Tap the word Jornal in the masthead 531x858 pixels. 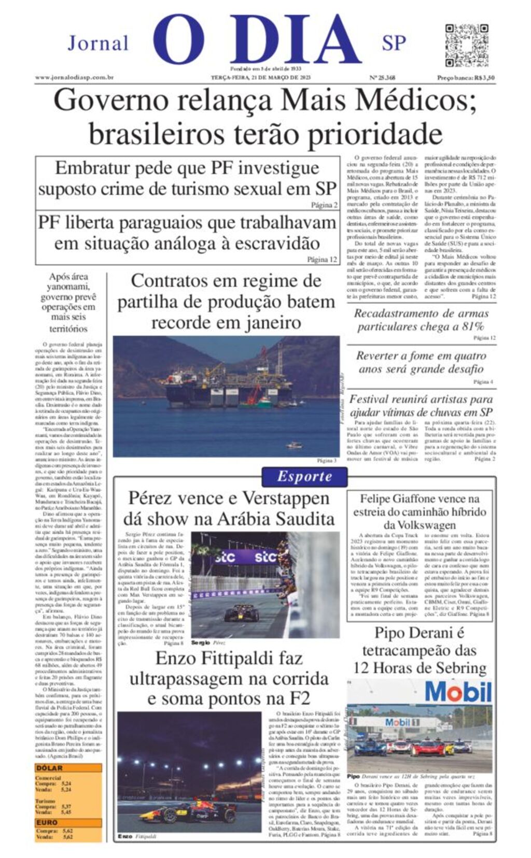coord(98,43)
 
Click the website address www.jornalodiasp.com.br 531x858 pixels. coord(74,78)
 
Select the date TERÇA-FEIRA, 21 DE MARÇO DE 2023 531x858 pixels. coord(260,78)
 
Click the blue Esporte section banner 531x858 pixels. coord(304,476)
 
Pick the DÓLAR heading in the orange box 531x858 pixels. coord(49,768)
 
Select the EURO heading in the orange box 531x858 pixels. coord(47,822)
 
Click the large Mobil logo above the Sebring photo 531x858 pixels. coord(458,692)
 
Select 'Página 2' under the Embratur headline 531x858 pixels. coord(324,205)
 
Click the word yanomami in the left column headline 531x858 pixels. coord(68,287)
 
